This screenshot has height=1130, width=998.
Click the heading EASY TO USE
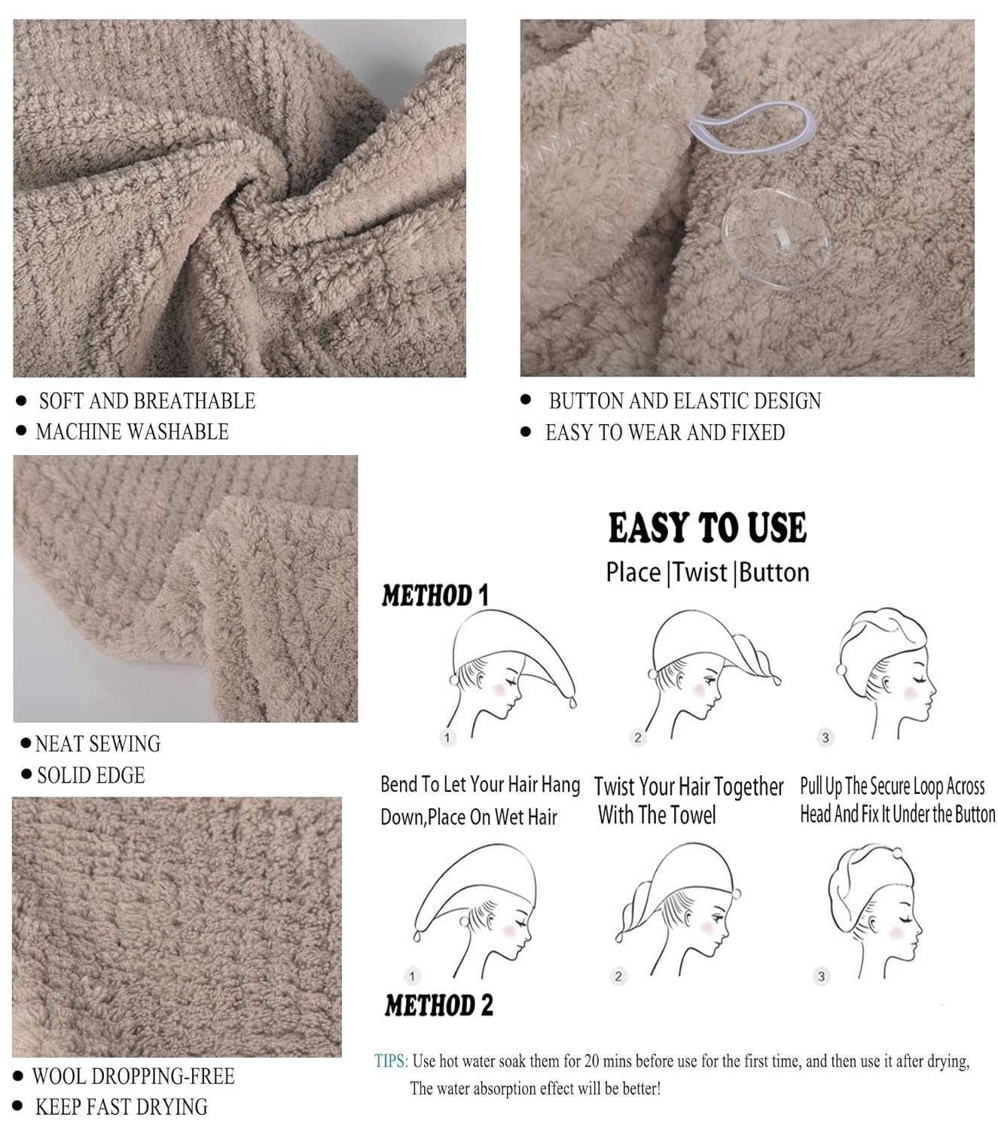(x=707, y=527)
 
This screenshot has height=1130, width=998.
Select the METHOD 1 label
(x=435, y=596)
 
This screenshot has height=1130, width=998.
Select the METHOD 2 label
(x=438, y=1005)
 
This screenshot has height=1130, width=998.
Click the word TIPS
(x=390, y=1061)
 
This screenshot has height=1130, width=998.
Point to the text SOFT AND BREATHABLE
(x=147, y=401)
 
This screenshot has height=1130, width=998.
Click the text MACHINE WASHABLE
(x=132, y=432)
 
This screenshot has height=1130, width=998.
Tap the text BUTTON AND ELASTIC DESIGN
(x=684, y=401)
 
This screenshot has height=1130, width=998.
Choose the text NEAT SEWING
(x=98, y=744)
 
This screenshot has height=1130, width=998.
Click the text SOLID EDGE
(x=90, y=775)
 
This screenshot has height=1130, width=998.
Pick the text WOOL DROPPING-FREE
(x=133, y=1076)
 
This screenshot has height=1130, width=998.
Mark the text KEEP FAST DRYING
(x=121, y=1107)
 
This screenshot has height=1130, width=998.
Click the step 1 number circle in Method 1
(x=447, y=738)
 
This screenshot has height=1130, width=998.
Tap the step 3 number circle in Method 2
(x=821, y=976)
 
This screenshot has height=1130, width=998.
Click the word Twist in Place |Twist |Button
(x=700, y=573)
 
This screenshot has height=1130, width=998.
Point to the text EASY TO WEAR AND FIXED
(x=664, y=432)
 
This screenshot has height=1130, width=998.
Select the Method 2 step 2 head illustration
(x=678, y=904)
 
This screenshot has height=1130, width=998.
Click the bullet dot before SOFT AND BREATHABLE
(x=21, y=401)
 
